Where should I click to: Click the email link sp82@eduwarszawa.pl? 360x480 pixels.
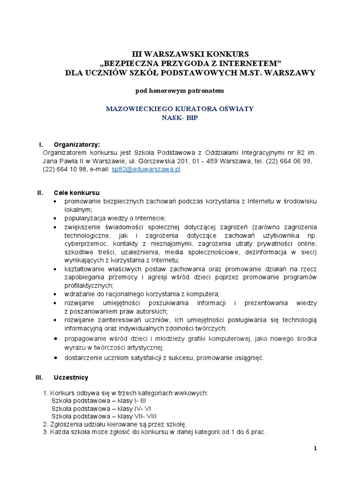click(146, 169)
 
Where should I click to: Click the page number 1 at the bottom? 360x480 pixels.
click(315, 448)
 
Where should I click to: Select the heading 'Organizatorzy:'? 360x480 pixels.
click(76, 144)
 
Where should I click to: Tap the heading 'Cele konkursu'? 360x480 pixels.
click(76, 193)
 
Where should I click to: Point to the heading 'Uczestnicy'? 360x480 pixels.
click(71, 377)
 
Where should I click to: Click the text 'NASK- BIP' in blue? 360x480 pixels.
click(180, 118)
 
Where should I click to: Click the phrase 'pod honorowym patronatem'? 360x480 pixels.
click(180, 90)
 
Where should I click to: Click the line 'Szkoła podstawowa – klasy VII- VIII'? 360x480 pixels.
click(104, 416)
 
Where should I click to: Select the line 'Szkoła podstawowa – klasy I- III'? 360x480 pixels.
click(98, 400)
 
